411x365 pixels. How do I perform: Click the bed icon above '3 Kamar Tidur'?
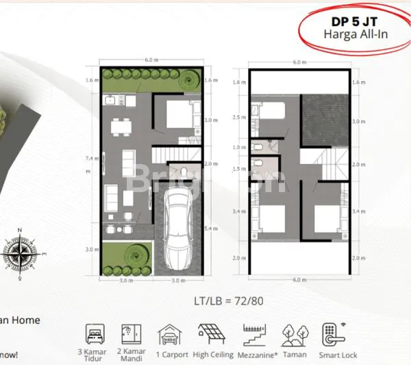(x=95, y=334)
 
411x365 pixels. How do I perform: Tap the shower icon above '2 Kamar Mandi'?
(x=130, y=334)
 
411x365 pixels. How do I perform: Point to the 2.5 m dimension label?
(x=237, y=117)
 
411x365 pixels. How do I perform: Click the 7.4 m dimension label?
(x=89, y=159)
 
